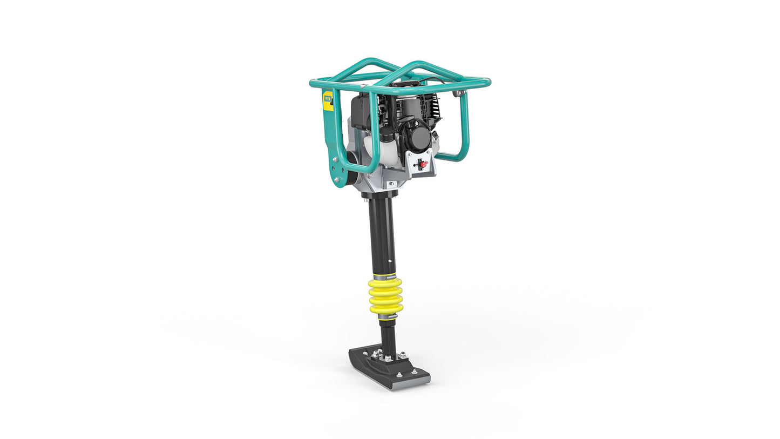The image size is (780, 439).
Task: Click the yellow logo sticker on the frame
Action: point(328,101)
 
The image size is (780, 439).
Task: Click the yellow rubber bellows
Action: point(385,295)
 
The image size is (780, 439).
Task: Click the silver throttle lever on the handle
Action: point(459,93)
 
